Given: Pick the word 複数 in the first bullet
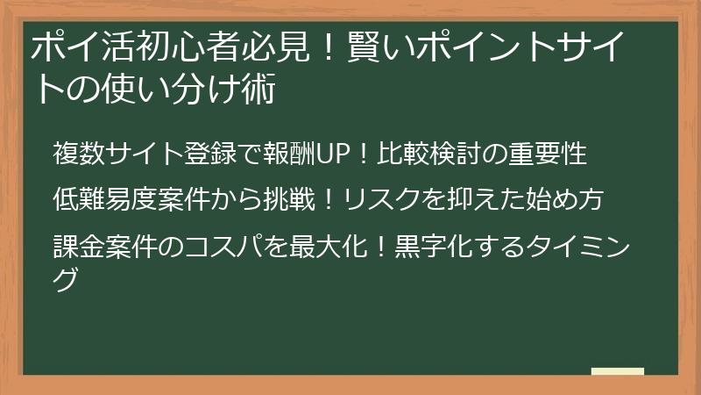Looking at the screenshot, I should (77, 154).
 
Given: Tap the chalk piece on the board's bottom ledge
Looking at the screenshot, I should (617, 371).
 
